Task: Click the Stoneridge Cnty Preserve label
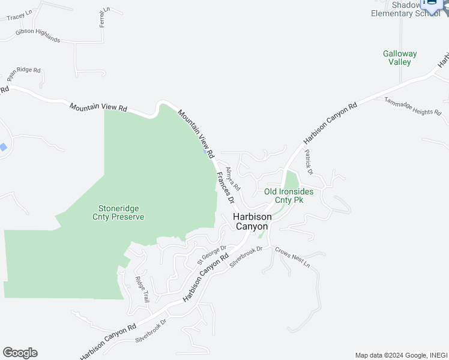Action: pyautogui.click(x=118, y=212)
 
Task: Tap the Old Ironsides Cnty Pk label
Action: pyautogui.click(x=289, y=196)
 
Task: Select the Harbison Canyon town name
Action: pyautogui.click(x=252, y=221)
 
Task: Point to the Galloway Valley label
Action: pyautogui.click(x=400, y=58)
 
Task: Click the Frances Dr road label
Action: pyautogui.click(x=225, y=187)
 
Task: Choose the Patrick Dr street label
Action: pyautogui.click(x=309, y=162)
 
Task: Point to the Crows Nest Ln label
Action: pyautogui.click(x=292, y=256)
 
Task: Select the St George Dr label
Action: pyautogui.click(x=212, y=255)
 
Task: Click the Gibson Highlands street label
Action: pyautogui.click(x=38, y=35)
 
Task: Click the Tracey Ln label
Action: pyautogui.click(x=19, y=15)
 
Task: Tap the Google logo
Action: pyautogui.click(x=20, y=352)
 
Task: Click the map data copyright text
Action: pyautogui.click(x=400, y=355)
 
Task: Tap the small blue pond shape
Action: pyautogui.click(x=4, y=147)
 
